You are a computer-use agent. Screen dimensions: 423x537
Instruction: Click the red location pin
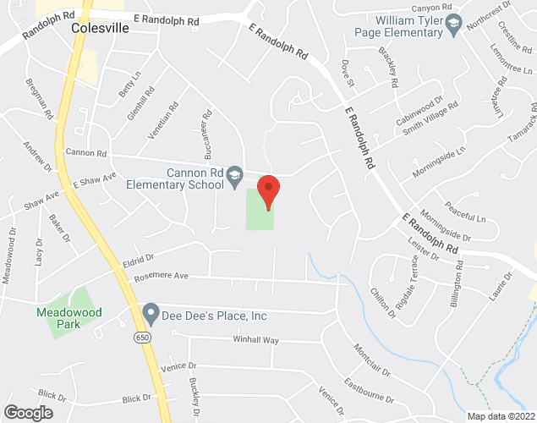pos(268,190)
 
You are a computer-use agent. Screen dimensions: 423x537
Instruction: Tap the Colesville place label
pos(101,27)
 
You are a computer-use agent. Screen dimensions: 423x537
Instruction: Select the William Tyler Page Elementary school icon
pos(455,23)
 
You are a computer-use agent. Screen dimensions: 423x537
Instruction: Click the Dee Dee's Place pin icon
pos(151,316)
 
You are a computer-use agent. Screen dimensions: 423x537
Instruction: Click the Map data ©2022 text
pos(501,415)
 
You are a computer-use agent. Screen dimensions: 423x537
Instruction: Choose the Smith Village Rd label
pos(430,115)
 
